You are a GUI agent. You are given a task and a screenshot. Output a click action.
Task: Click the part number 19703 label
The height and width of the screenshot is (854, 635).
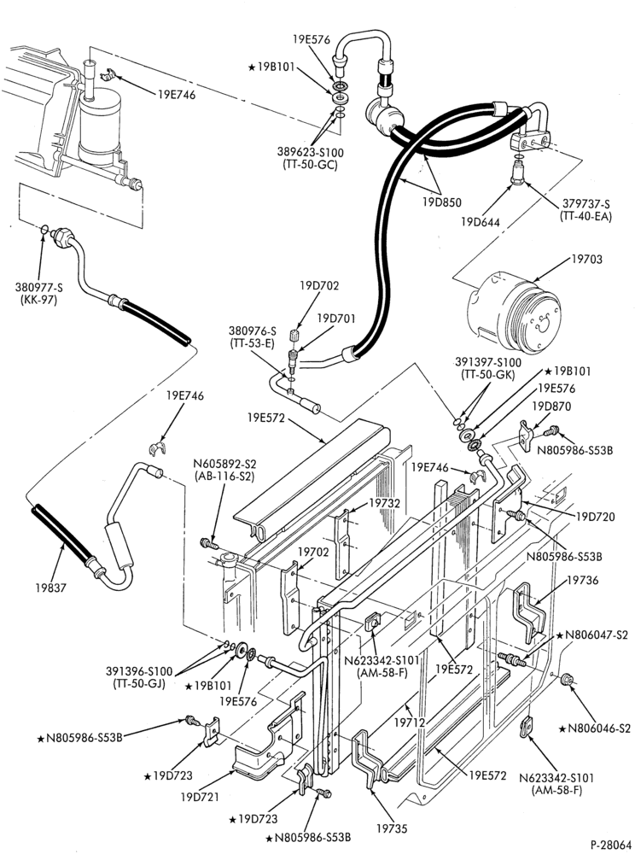tap(586, 260)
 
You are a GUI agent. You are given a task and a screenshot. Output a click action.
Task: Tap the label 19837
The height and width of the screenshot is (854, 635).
tap(52, 588)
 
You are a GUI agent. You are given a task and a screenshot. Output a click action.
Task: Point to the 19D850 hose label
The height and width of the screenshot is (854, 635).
tap(441, 202)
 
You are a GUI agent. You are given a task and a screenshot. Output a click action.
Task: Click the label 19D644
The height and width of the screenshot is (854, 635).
tap(481, 222)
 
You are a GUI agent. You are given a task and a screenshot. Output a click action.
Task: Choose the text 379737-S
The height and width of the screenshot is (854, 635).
tap(585, 204)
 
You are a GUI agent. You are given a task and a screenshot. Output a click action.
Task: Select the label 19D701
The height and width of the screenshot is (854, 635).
tap(335, 318)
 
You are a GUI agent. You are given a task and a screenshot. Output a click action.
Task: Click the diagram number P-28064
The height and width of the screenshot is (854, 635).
tap(611, 844)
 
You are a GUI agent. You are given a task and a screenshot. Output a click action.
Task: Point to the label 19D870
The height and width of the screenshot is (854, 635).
tap(551, 407)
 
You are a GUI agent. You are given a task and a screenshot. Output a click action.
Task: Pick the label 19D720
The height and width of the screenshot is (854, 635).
tap(595, 517)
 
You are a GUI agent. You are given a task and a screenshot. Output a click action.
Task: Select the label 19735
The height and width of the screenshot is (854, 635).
tap(391, 829)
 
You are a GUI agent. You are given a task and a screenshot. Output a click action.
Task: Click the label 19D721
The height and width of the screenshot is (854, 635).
tap(200, 797)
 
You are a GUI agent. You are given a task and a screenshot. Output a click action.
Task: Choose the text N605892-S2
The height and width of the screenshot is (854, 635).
tap(224, 465)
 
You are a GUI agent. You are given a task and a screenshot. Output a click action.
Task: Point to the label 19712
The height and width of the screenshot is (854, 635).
tap(410, 722)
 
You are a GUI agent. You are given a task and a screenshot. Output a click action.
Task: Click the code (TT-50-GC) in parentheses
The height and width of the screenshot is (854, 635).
tap(310, 164)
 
